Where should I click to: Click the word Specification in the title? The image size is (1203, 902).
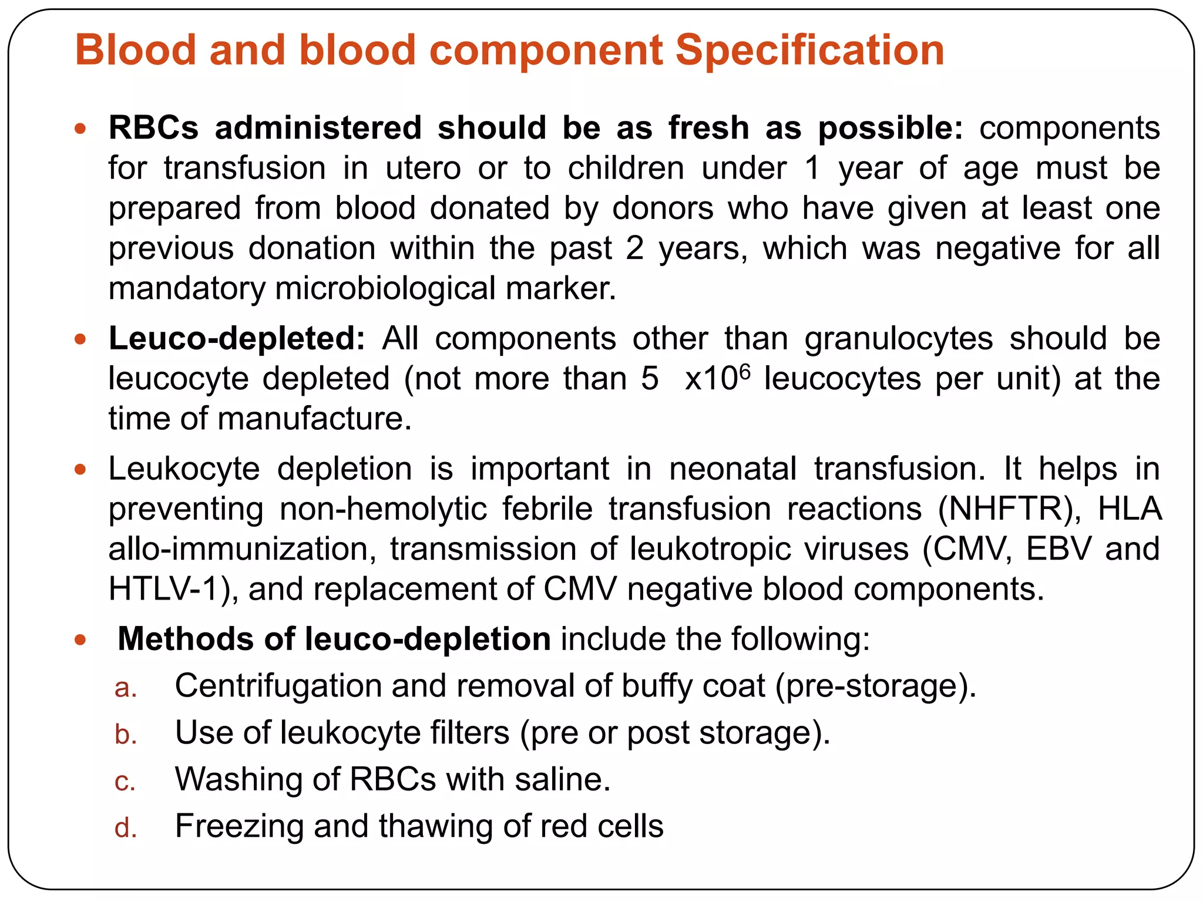click(x=809, y=50)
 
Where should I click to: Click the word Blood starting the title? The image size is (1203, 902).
click(x=135, y=50)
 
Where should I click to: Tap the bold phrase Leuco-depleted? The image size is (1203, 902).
click(x=237, y=339)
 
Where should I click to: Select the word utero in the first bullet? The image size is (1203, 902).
click(x=423, y=169)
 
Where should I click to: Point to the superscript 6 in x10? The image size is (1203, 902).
click(x=745, y=371)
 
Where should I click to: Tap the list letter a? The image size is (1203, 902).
click(x=125, y=688)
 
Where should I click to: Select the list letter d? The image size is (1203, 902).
click(x=125, y=828)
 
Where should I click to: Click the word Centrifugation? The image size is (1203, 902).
click(x=278, y=685)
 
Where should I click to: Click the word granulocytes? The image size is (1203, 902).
click(x=898, y=339)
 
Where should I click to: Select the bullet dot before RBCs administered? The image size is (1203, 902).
click(x=80, y=128)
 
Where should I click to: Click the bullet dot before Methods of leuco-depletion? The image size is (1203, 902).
click(x=80, y=640)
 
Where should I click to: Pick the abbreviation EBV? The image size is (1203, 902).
click(x=1058, y=548)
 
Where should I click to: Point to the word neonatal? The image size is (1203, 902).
click(x=732, y=469)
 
